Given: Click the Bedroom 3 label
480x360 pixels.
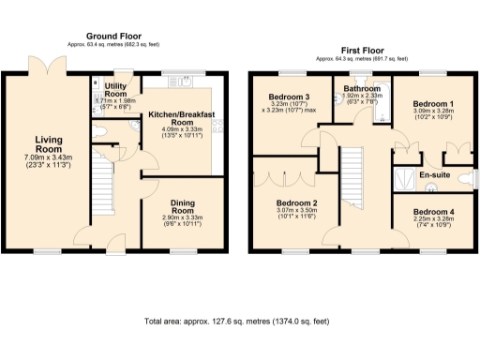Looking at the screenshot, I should tap(289, 97).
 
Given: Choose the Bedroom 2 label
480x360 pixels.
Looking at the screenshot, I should tap(296, 202).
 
